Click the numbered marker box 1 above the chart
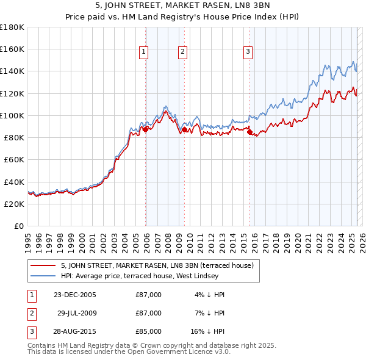pyautogui.click(x=143, y=52)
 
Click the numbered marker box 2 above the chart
pyautogui.click(x=182, y=52)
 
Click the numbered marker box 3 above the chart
pyautogui.click(x=248, y=52)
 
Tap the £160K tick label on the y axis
pyautogui.click(x=12, y=49)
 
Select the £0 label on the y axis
pyautogui.click(x=19, y=226)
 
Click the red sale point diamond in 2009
pyautogui.click(x=184, y=129)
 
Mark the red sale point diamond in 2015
pyautogui.click(x=250, y=132)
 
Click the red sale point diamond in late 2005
pyautogui.click(x=146, y=129)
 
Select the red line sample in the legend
pyautogui.click(x=42, y=265)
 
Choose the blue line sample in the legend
pyautogui.click(x=42, y=276)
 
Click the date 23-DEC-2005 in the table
pyautogui.click(x=74, y=295)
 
